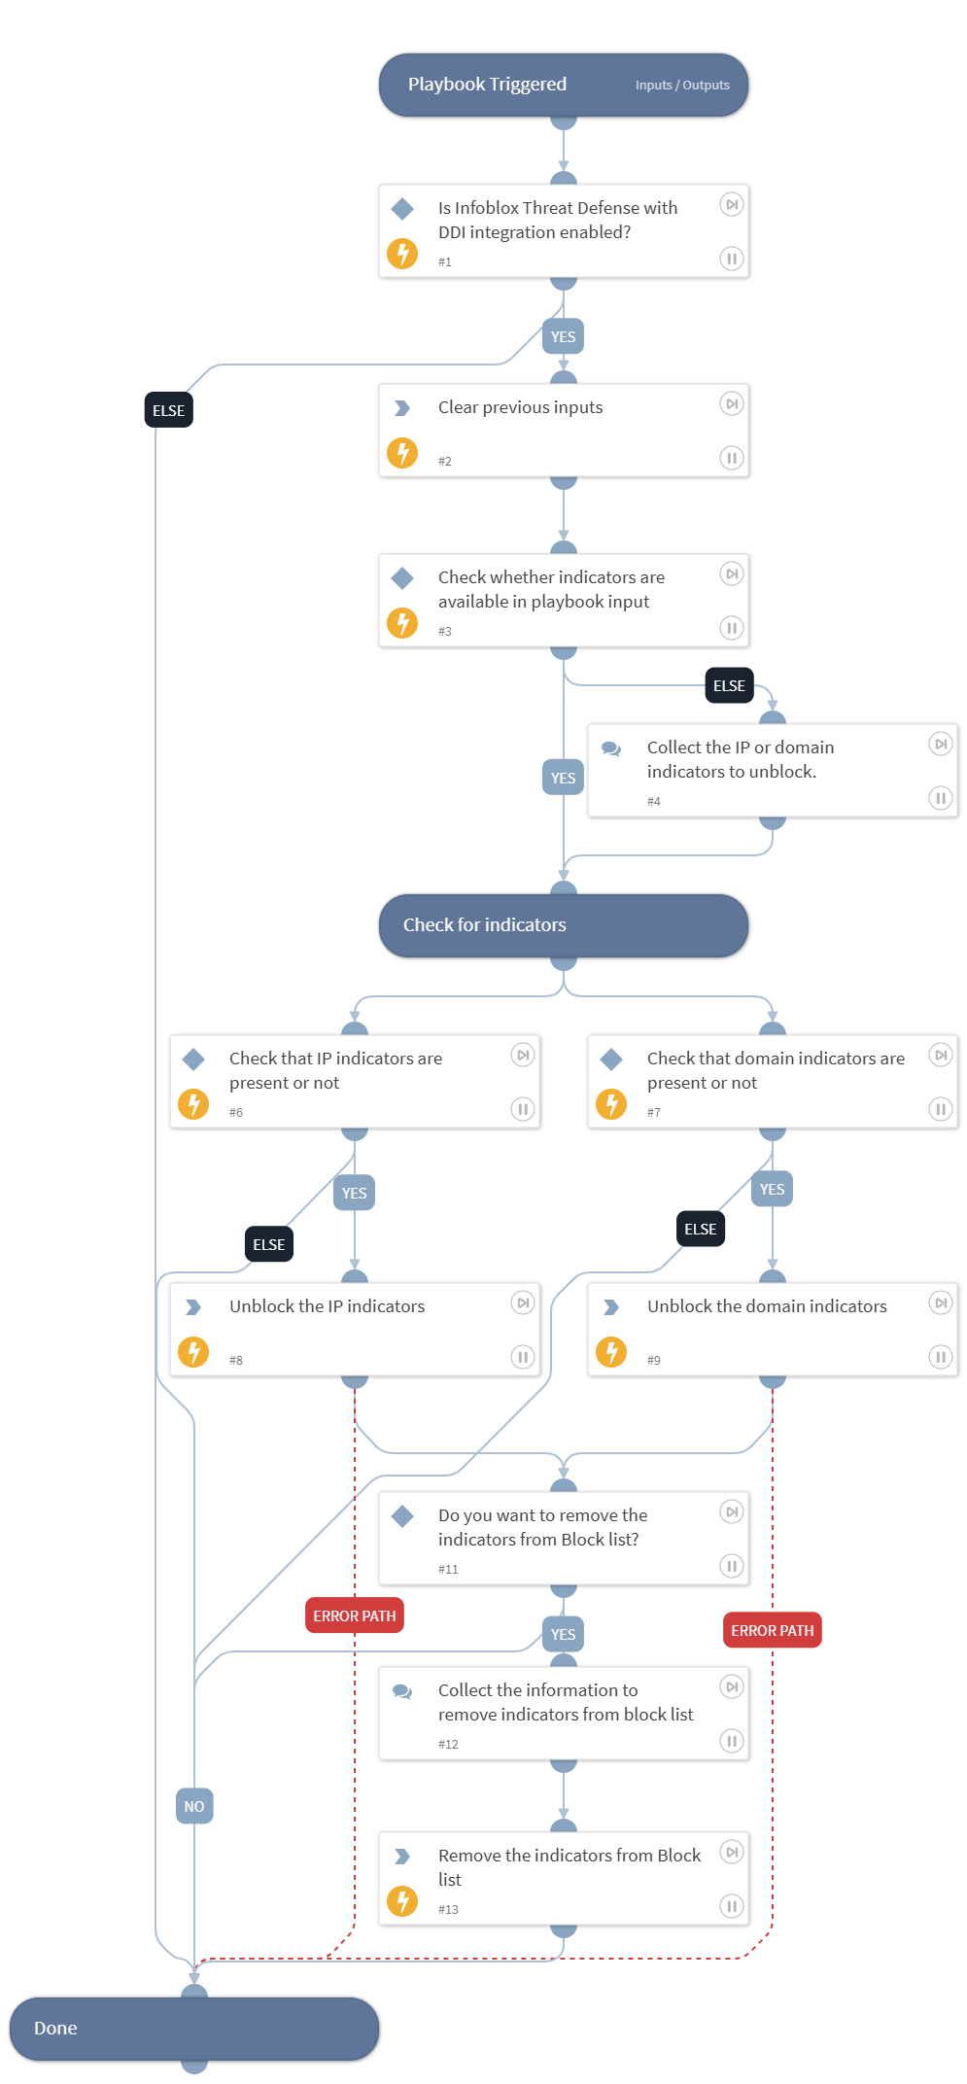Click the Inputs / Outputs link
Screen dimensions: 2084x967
(x=682, y=86)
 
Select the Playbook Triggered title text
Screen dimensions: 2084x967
(x=487, y=85)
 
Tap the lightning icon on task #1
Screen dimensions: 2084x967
(x=402, y=254)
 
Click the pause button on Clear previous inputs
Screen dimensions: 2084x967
(x=732, y=458)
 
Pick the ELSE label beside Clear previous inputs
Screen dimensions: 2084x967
(x=169, y=410)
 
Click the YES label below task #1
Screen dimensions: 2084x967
(x=564, y=337)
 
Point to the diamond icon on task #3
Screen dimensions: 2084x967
(x=402, y=578)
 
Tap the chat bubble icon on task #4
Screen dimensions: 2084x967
(x=611, y=748)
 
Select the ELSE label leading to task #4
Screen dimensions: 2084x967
(x=729, y=685)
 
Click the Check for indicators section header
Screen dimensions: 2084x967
(x=485, y=925)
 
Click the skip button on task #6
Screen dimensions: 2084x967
(x=523, y=1056)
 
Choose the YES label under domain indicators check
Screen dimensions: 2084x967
(x=773, y=1189)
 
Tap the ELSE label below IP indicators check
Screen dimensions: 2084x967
(x=269, y=1244)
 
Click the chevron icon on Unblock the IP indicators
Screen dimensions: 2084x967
(x=193, y=1307)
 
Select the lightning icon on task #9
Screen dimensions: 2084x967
(x=611, y=1352)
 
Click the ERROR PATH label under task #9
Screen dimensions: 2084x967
(x=773, y=1630)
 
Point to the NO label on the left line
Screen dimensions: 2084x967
(x=194, y=1806)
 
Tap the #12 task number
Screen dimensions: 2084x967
(x=448, y=1744)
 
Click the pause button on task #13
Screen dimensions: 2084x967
(x=732, y=1906)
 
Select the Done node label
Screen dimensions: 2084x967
(x=55, y=2029)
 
